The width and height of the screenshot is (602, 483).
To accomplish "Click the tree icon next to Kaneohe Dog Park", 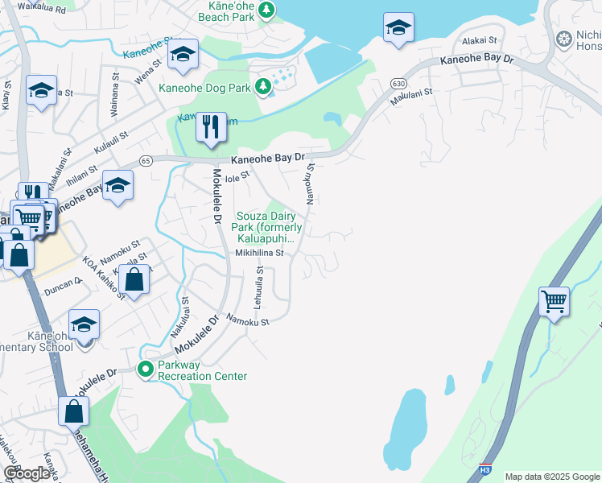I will [x=262, y=86].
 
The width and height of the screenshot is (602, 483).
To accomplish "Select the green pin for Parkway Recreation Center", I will [x=146, y=369].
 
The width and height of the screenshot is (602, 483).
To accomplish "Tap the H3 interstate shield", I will [x=484, y=468].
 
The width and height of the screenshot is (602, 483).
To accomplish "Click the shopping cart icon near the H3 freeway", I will [x=554, y=303].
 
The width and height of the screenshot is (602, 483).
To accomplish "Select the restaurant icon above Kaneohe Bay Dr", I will [x=211, y=127].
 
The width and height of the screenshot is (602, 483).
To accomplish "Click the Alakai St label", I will [x=480, y=39].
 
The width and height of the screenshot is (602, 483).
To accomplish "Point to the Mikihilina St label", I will [x=260, y=252].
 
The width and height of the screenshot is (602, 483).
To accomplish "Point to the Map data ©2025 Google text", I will [x=551, y=477].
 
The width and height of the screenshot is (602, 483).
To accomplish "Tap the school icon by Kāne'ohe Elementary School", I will [x=84, y=325].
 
